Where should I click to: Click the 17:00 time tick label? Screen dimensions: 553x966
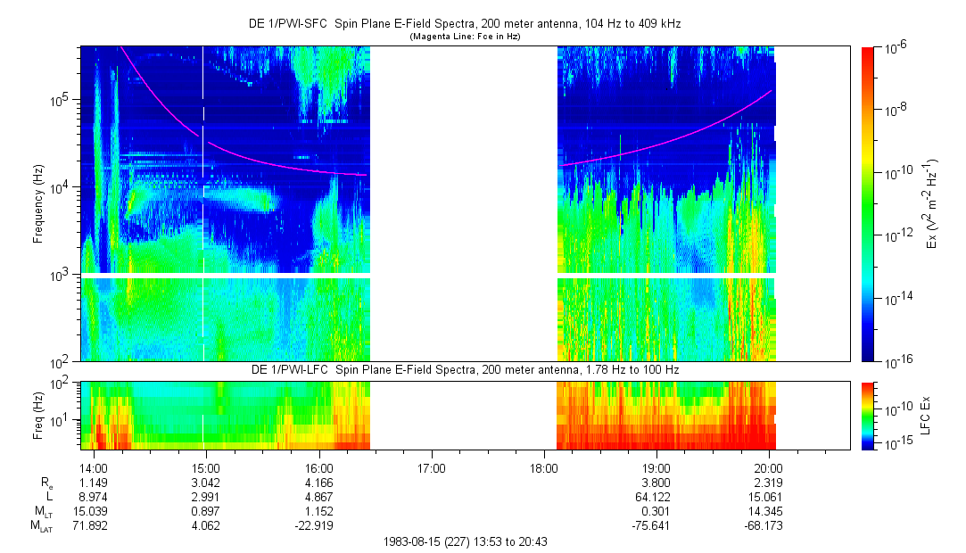431,467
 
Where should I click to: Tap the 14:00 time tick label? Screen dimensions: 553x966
94,467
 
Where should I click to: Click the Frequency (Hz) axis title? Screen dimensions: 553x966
38,203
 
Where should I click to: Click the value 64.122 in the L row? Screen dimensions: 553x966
656,496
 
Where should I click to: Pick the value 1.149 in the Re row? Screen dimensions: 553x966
94,482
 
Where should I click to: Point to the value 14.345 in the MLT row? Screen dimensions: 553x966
768,510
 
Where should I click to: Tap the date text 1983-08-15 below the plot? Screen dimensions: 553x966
414,541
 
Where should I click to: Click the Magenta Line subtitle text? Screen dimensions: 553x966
464,37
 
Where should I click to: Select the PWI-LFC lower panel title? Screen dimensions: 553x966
464,369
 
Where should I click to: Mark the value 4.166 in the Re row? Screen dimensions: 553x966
318,482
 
